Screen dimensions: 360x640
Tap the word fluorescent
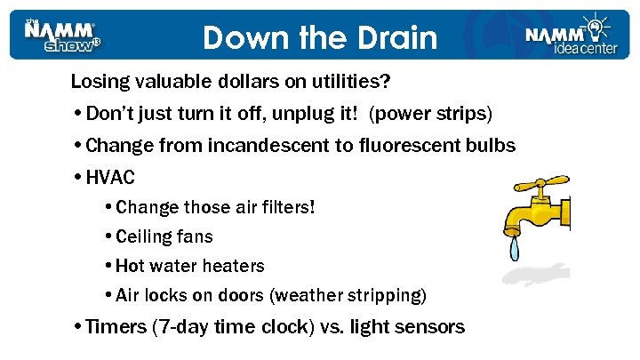[x=404, y=146]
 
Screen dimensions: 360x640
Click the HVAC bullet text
[x=110, y=177]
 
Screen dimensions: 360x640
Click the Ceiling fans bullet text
[x=164, y=236]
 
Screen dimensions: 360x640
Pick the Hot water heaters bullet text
[x=190, y=266]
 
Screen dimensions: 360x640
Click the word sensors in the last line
[x=430, y=327]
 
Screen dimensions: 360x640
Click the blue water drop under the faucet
[x=515, y=248]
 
